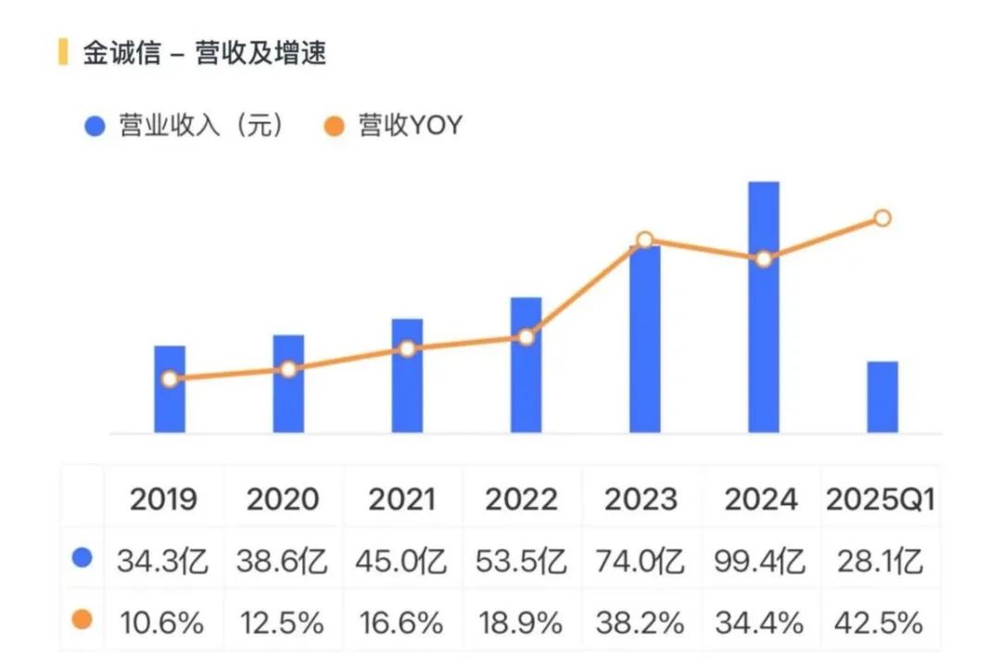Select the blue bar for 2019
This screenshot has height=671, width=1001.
tap(170, 408)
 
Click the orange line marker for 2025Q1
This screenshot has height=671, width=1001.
tap(882, 218)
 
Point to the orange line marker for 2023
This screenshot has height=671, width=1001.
tap(645, 240)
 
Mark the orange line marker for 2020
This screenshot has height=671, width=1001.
tap(288, 369)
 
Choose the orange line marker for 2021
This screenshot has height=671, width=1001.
tap(407, 348)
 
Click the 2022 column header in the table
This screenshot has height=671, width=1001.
tap(522, 500)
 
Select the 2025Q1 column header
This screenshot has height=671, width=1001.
tap(880, 500)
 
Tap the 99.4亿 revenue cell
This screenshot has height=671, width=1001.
tap(761, 561)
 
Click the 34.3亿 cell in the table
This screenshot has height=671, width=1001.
tap(163, 561)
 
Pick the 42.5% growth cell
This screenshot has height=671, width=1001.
tap(880, 622)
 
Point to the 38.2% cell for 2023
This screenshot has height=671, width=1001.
tap(641, 622)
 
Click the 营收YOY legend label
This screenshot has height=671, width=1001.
tap(410, 126)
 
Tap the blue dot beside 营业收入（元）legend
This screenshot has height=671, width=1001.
tap(95, 126)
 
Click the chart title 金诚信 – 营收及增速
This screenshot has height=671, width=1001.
tap(204, 53)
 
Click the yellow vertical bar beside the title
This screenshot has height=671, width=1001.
tap(62, 52)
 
